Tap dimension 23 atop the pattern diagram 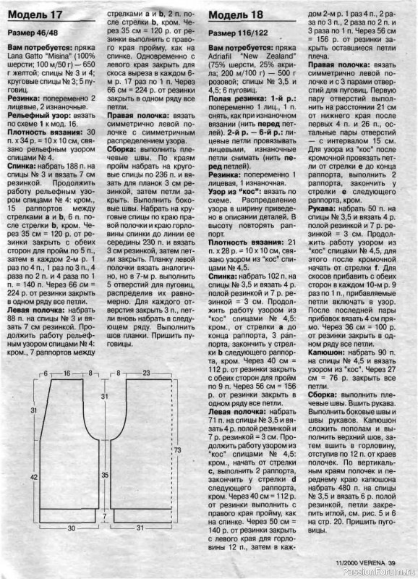point(146,373)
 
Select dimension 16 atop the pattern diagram point(67,373)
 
